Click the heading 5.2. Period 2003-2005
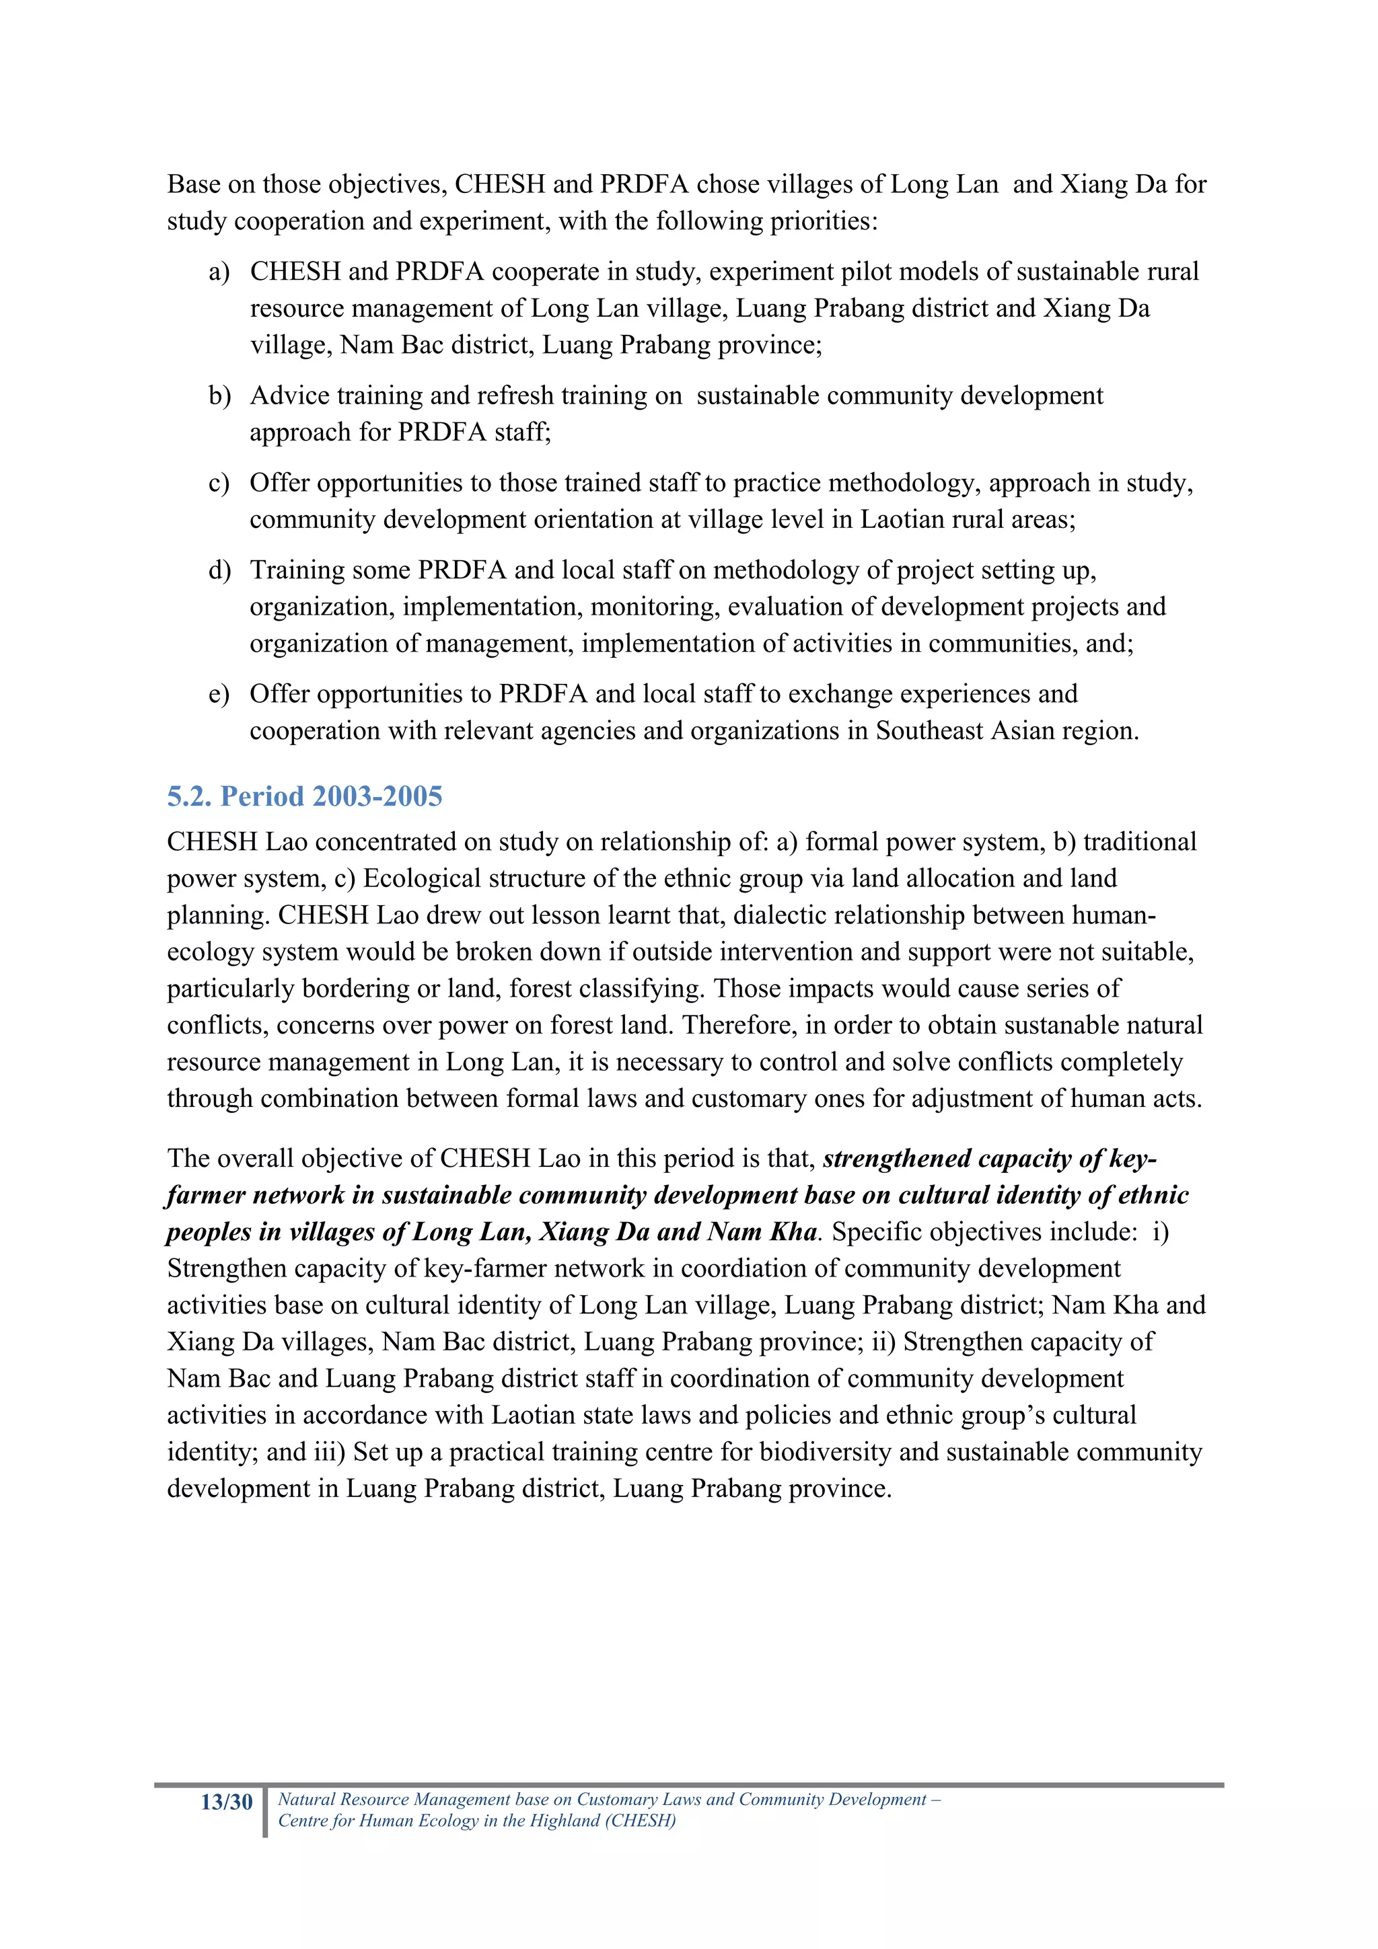(304, 796)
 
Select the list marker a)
(219, 272)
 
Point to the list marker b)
(219, 395)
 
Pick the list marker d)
(219, 570)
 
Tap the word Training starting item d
(298, 570)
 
